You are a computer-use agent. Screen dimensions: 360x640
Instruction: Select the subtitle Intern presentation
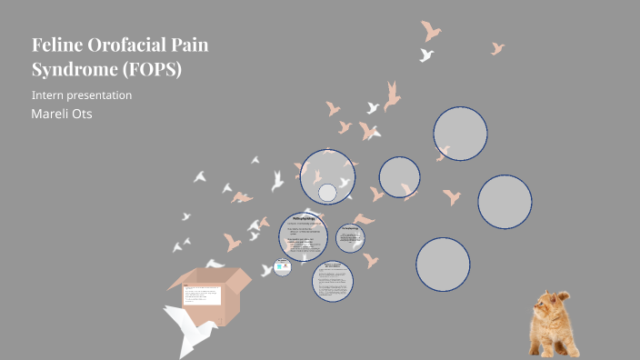click(x=82, y=95)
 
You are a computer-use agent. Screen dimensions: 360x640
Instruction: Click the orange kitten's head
click(x=552, y=308)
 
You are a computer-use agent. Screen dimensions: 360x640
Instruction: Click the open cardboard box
click(x=205, y=291)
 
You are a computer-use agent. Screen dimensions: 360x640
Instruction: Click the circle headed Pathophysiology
click(x=308, y=235)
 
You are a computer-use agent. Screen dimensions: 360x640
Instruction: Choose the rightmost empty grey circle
click(x=505, y=201)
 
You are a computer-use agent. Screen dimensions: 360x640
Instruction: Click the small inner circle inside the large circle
click(x=327, y=193)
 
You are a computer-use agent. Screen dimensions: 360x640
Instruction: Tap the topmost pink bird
click(x=431, y=32)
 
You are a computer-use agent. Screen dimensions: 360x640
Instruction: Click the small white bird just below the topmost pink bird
click(x=426, y=55)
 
